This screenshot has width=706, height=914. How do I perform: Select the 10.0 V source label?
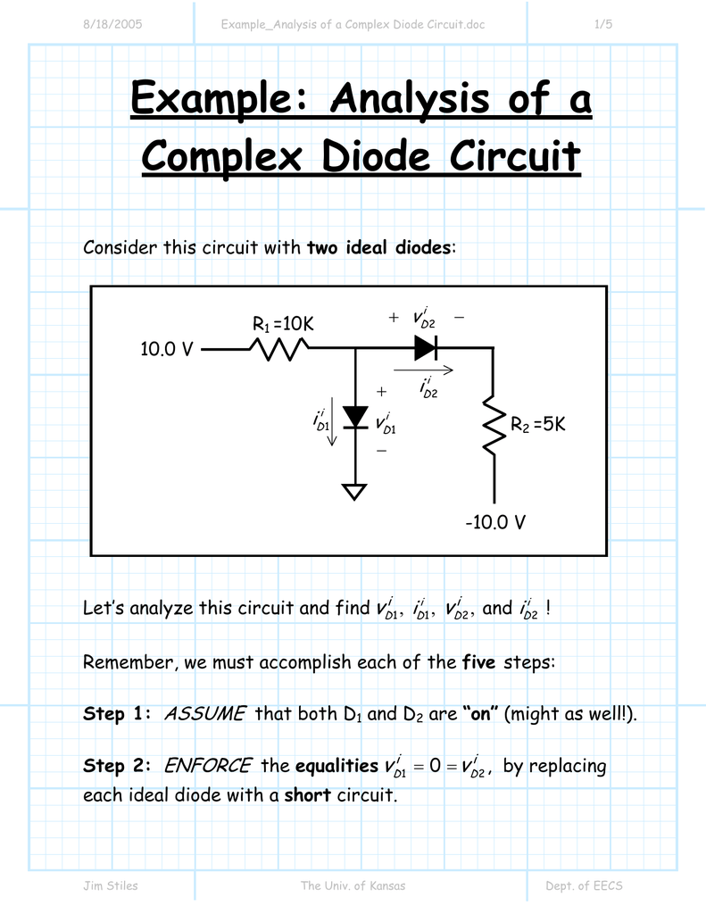click(x=167, y=350)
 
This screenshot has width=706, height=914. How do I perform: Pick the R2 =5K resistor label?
click(x=538, y=426)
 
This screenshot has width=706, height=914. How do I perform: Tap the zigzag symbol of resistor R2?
click(x=494, y=427)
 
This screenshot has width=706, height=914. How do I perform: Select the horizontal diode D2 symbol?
click(x=427, y=349)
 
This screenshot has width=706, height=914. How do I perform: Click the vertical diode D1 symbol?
click(x=356, y=417)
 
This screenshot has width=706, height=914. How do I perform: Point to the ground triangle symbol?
click(x=356, y=491)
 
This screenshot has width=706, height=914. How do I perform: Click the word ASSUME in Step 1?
click(x=205, y=714)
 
